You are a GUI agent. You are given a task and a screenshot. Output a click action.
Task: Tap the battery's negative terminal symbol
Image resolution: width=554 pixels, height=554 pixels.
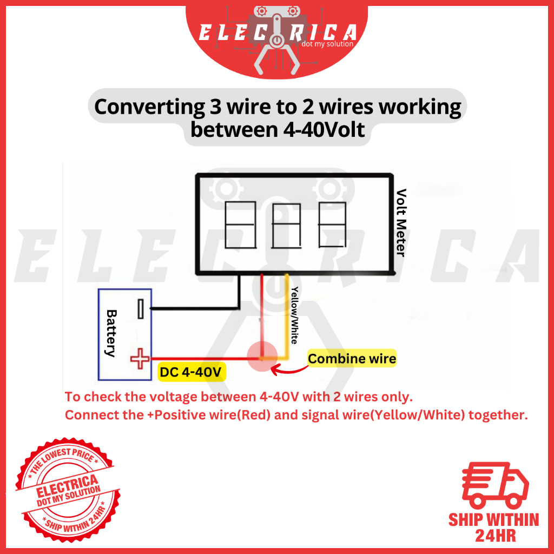click(141, 309)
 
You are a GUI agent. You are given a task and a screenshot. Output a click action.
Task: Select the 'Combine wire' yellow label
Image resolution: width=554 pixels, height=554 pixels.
click(352, 358)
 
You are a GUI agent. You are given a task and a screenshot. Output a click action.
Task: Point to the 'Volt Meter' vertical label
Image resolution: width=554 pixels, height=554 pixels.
click(400, 222)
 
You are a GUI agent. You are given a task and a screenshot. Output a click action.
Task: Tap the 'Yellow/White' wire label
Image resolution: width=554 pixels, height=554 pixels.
click(294, 315)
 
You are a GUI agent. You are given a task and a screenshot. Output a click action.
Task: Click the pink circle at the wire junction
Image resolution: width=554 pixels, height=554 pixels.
click(262, 357)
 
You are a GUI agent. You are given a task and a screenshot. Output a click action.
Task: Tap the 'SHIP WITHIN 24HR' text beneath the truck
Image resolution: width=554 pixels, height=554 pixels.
click(493, 527)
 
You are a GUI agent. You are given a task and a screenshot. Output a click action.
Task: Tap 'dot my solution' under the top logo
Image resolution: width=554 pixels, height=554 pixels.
click(326, 44)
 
